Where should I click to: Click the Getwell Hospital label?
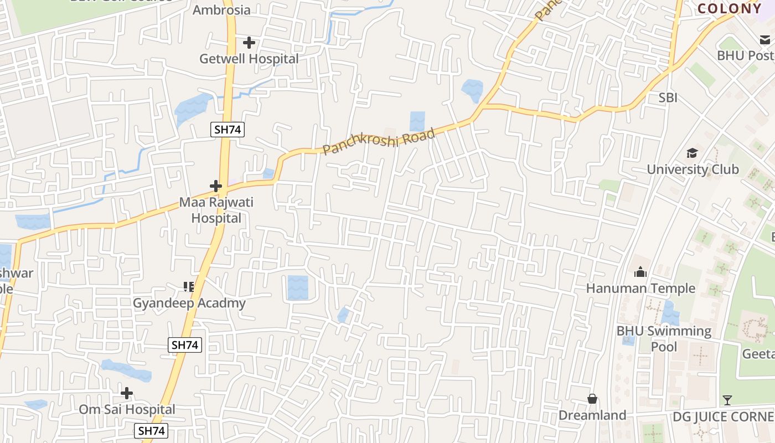click(x=249, y=59)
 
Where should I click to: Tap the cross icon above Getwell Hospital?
click(x=249, y=42)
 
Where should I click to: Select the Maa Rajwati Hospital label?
click(x=216, y=210)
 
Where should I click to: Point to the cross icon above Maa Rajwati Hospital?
click(x=216, y=186)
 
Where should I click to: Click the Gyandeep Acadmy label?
click(x=189, y=303)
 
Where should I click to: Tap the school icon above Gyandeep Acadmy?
click(x=189, y=286)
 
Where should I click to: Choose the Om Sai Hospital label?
click(x=127, y=409)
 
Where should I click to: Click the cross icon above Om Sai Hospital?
click(x=127, y=393)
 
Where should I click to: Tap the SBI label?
click(x=668, y=98)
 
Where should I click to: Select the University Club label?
click(x=693, y=169)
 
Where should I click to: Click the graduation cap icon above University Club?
click(x=692, y=153)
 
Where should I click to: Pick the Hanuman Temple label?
click(x=640, y=288)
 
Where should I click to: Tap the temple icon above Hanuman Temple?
click(x=640, y=272)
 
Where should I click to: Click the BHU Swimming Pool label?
click(x=664, y=338)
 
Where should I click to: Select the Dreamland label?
click(x=592, y=415)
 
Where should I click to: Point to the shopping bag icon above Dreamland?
click(x=592, y=399)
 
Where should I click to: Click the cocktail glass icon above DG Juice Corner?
click(x=727, y=400)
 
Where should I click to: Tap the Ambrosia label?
click(x=221, y=10)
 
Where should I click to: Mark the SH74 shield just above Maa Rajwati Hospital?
click(x=228, y=130)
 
